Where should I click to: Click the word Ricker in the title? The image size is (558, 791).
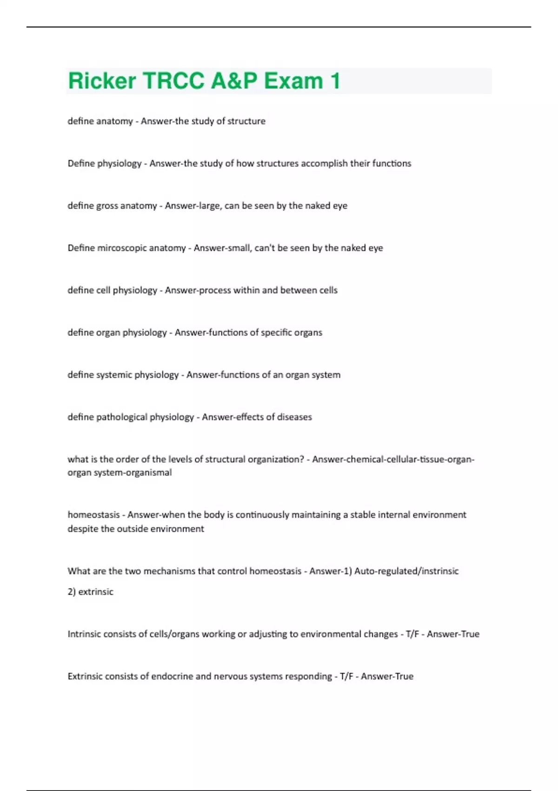point(102,80)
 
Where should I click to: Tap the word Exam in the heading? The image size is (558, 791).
point(293,80)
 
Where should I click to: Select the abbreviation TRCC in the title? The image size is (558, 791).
point(173,80)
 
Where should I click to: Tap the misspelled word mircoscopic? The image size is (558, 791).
point(141,248)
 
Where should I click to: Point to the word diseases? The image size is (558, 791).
point(294,417)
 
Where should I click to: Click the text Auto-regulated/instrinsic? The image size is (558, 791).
point(406,571)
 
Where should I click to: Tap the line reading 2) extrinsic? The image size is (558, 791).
point(90,592)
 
